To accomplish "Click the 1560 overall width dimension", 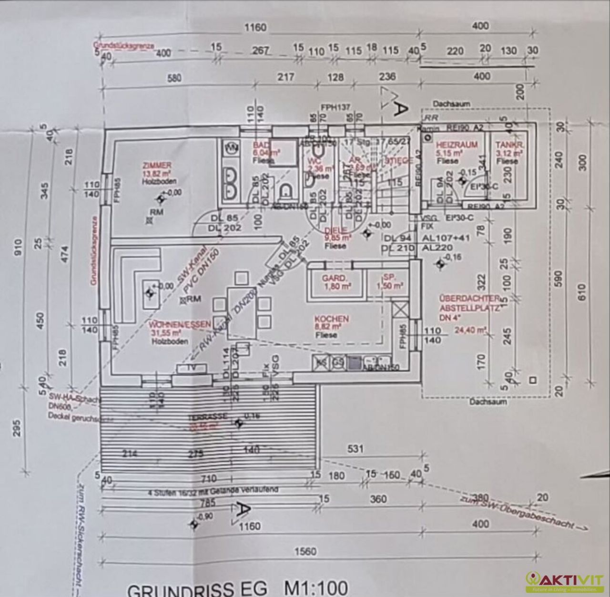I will point(305,552).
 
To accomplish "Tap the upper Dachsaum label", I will point(451,103).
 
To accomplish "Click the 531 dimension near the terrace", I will point(356,449).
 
